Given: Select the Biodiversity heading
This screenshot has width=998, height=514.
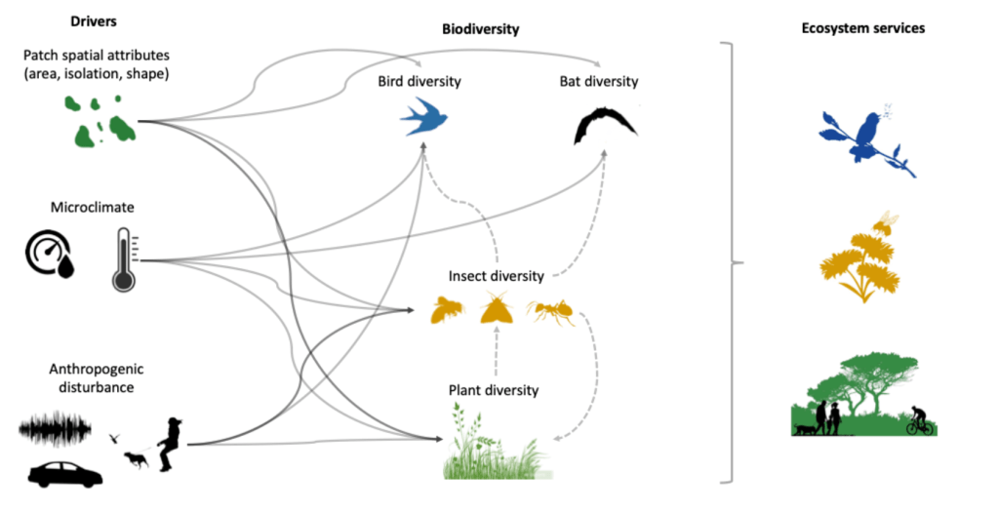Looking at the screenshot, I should pyautogui.click(x=480, y=30).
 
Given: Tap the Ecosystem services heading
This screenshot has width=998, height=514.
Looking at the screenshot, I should pyautogui.click(x=861, y=28).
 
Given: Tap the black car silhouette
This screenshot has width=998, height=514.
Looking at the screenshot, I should pyautogui.click(x=65, y=474).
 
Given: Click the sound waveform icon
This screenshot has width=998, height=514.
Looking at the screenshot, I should pyautogui.click(x=56, y=428).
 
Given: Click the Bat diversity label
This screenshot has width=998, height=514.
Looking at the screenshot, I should pyautogui.click(x=599, y=80).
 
